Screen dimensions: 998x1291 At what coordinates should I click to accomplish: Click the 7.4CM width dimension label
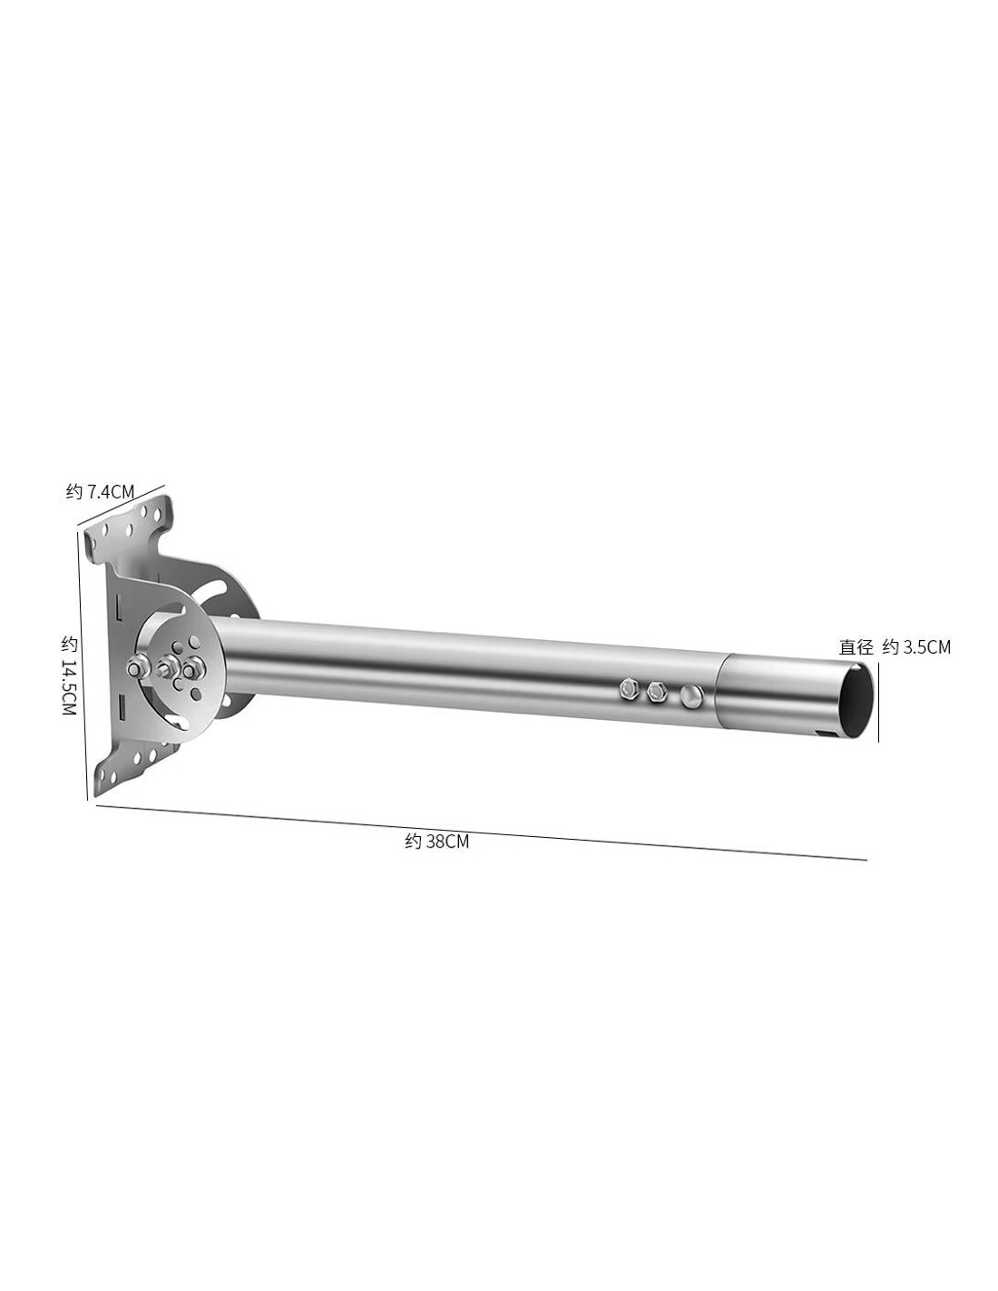(x=100, y=491)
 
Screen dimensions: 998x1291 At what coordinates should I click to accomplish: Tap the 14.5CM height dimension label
(x=70, y=676)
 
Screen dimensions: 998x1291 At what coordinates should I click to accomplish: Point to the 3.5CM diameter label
(x=916, y=646)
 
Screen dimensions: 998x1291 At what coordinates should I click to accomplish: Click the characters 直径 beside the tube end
(x=856, y=646)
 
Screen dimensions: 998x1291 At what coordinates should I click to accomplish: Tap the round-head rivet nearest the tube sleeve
(x=690, y=695)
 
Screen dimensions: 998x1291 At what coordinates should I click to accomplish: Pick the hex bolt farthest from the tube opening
(x=628, y=688)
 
